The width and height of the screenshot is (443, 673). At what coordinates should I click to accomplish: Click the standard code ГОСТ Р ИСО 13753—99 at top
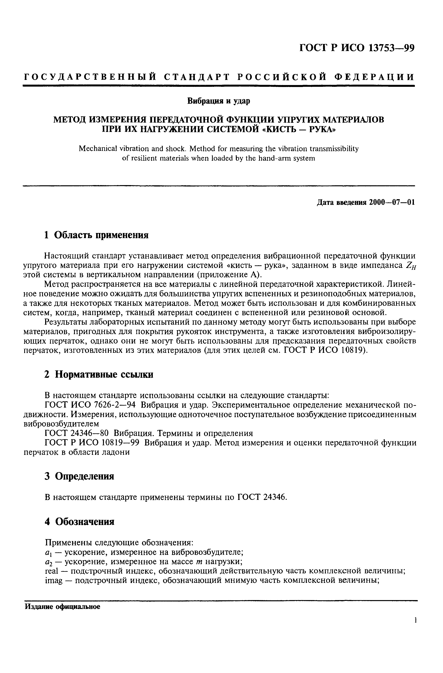pos(357,48)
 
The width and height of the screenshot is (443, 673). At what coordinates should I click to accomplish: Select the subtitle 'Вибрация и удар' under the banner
pos(219,101)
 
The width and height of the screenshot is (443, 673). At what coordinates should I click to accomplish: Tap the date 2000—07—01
pos(392,203)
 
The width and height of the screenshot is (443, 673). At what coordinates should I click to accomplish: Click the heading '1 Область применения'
pos(96,235)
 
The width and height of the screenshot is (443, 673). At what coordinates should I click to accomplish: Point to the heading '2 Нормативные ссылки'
pos(99,375)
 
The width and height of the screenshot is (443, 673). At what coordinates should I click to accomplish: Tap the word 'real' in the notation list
pos(51,571)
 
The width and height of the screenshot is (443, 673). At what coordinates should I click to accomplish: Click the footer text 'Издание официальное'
pos(63,607)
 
